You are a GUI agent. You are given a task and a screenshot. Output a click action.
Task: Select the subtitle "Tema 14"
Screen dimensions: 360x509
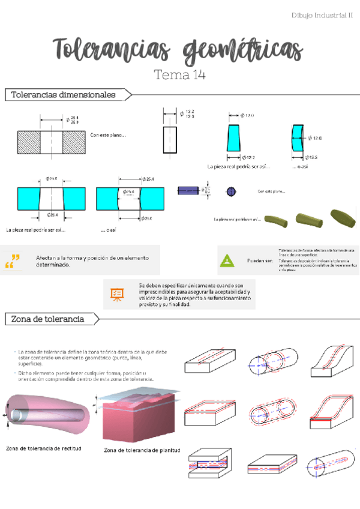(180, 75)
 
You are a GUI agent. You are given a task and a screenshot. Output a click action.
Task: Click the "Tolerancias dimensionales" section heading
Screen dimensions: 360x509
(63, 95)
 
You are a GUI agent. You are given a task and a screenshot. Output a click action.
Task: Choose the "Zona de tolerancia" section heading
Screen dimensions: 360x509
(47, 319)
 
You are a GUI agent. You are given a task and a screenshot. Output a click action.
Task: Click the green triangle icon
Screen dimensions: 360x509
(227, 261)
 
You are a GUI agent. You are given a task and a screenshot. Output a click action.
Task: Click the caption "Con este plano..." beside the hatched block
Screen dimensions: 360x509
(108, 135)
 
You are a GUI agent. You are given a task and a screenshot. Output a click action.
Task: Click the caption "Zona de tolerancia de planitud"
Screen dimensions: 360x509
(141, 450)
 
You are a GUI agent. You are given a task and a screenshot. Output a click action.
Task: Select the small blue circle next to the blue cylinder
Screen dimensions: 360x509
(232, 191)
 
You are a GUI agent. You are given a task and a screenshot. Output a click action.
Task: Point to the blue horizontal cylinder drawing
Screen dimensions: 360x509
(188, 191)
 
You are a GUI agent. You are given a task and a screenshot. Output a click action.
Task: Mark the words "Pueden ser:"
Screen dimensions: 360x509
(260, 261)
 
